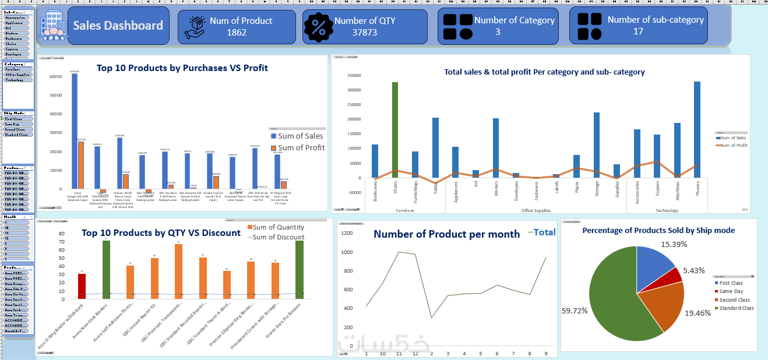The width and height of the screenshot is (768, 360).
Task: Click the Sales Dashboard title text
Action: [x=118, y=26]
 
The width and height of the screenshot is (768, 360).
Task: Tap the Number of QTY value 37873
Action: [x=364, y=32]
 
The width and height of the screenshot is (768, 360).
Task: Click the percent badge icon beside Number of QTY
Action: [x=319, y=27]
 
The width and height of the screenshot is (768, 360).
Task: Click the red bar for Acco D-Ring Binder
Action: [x=82, y=286]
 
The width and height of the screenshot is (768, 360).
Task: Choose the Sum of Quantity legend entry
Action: [x=275, y=227]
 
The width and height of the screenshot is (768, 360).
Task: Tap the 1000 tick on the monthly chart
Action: [x=347, y=252]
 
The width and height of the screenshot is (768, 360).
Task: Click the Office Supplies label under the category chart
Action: [x=536, y=210]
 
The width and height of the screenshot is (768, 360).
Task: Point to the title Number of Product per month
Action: [x=446, y=234]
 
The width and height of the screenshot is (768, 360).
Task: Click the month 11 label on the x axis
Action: [x=399, y=353]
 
